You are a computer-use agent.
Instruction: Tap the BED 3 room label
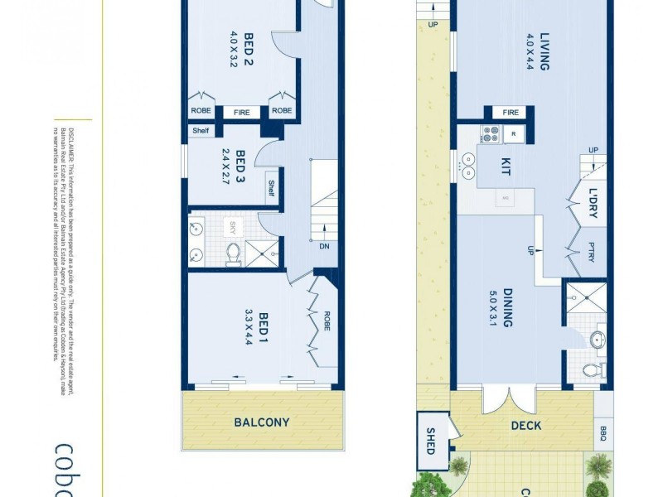pos(241,166)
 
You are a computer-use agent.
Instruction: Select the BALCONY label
pos(262,422)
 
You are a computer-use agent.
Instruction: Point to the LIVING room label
pos(544,51)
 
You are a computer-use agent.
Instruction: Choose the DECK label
pos(526,426)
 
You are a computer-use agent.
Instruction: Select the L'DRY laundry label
pos(593,204)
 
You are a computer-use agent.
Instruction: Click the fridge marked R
pos(513,133)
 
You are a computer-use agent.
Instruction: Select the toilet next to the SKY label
pos(233,252)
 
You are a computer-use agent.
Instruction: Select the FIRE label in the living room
pos(511,113)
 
